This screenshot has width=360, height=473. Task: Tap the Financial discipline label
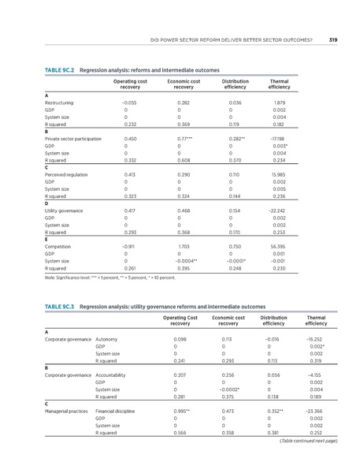[117, 411]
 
